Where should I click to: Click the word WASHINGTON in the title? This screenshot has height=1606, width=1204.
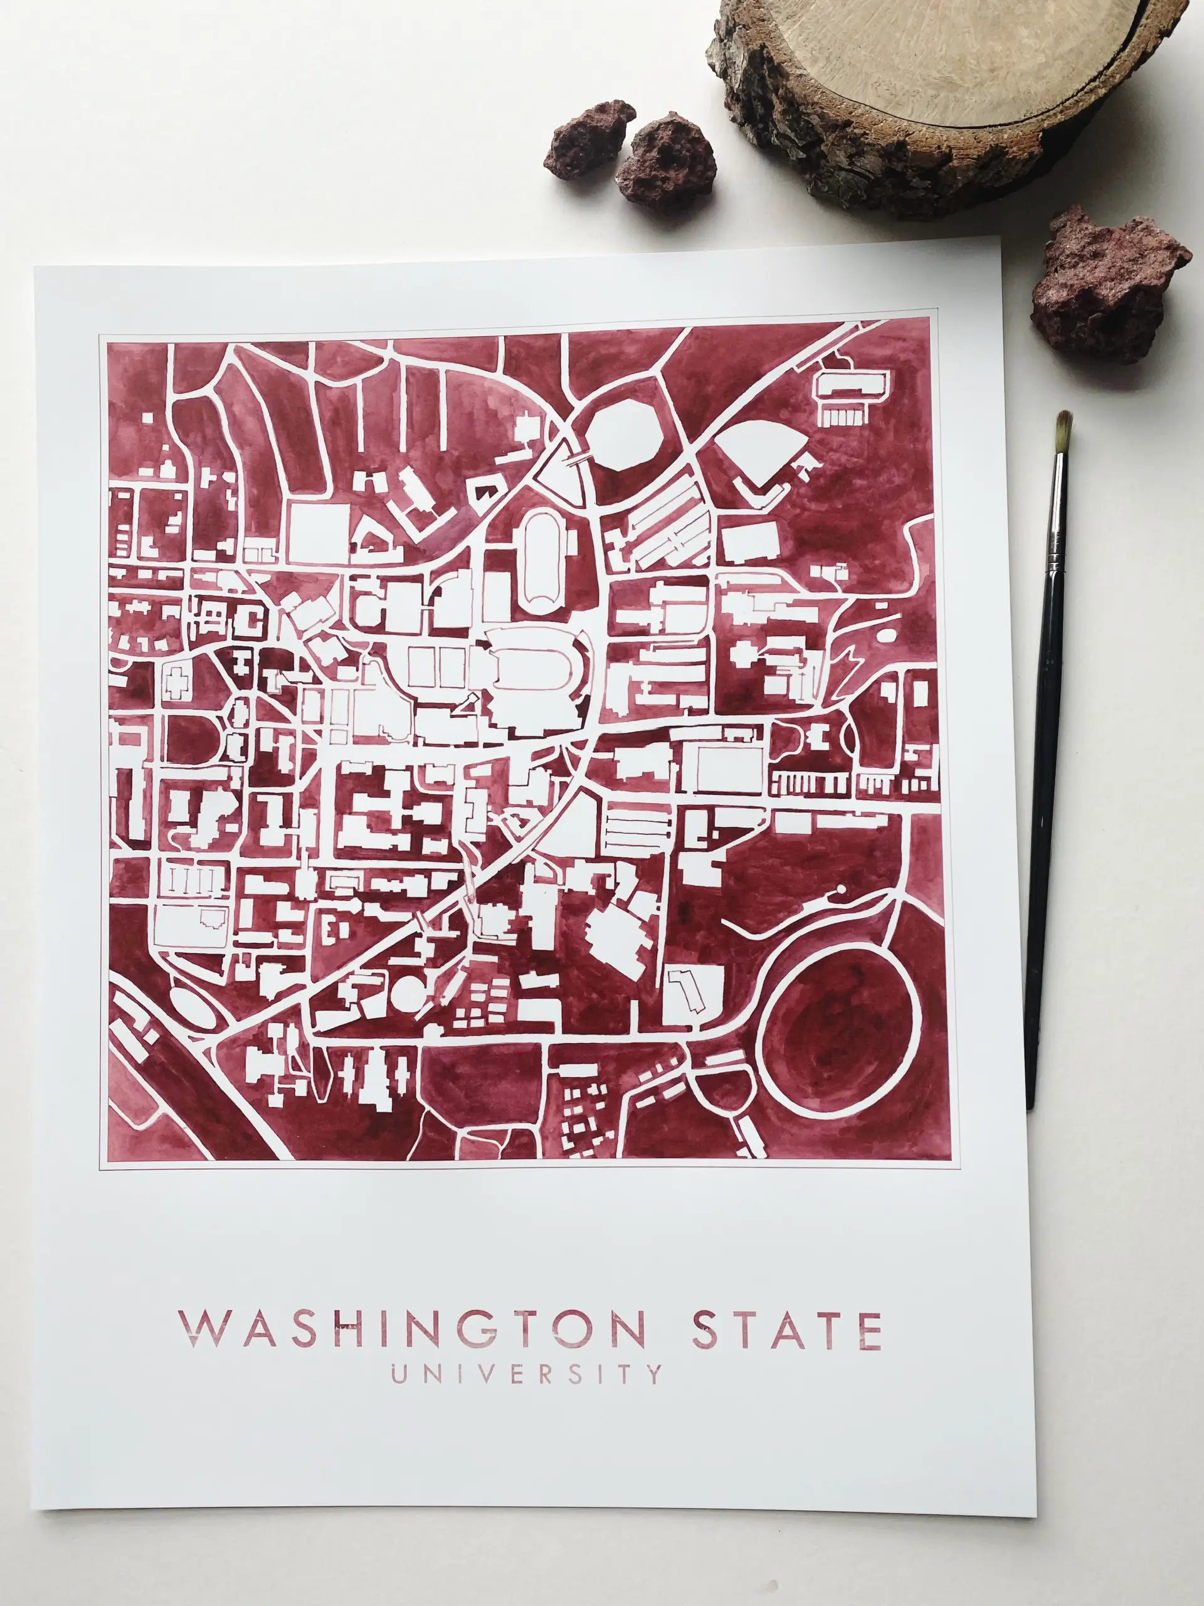(411, 1329)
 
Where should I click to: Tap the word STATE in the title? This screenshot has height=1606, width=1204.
(787, 1329)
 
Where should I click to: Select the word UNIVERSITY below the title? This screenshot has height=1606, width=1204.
(527, 1374)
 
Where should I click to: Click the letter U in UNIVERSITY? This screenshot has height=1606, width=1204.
(398, 1374)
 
